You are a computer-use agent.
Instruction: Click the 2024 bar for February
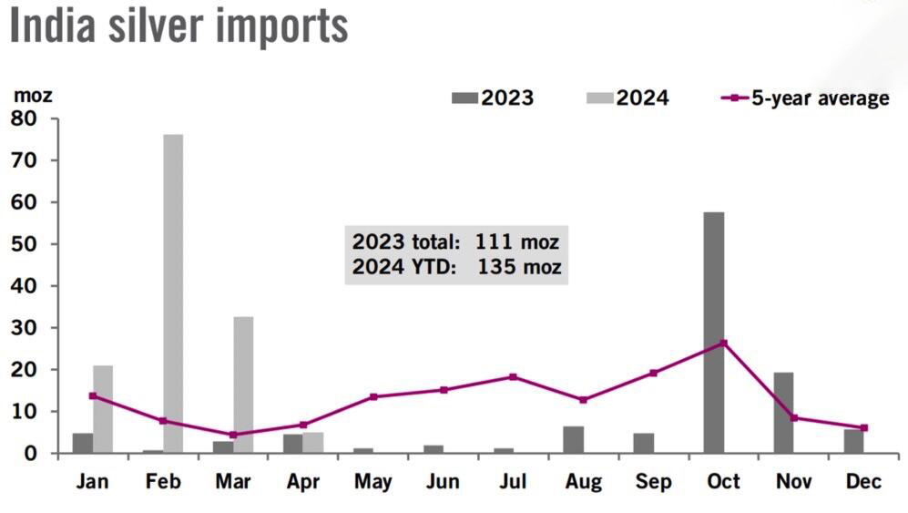173,293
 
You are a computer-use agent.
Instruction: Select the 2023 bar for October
714,333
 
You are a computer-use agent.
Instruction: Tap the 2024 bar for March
243,385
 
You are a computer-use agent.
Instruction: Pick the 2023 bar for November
783,412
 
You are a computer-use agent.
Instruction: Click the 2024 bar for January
103,408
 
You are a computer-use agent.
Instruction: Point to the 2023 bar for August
573,439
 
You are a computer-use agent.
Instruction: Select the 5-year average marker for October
723,344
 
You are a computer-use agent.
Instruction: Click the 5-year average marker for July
513,377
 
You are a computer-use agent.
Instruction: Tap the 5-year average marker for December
864,427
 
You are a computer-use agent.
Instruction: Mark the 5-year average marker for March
233,435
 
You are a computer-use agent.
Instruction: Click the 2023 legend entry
493,98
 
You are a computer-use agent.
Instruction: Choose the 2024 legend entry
627,98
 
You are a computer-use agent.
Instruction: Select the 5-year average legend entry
805,98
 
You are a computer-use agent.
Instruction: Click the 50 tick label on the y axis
24,244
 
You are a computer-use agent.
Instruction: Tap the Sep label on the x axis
653,482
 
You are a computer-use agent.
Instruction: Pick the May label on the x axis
372,482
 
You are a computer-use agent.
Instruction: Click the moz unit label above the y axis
33,95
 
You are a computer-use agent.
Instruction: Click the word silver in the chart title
157,26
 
